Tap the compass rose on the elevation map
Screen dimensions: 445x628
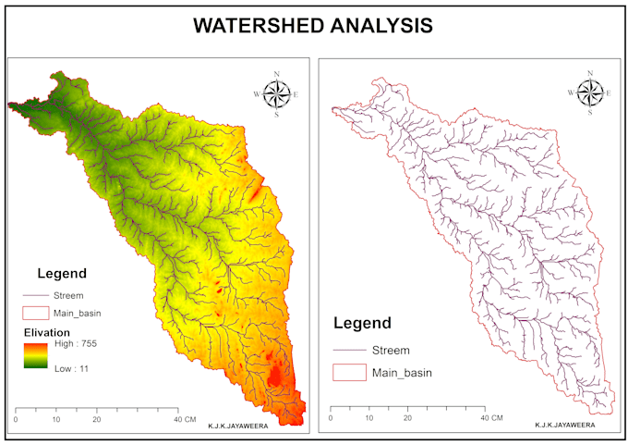pyautogui.click(x=276, y=93)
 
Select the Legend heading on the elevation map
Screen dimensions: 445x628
pyautogui.click(x=62, y=274)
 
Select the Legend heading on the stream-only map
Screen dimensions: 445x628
pyautogui.click(x=361, y=324)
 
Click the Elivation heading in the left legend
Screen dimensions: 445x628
pyautogui.click(x=46, y=331)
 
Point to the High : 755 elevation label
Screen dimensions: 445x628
pyautogui.click(x=77, y=344)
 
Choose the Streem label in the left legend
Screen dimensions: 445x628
pyautogui.click(x=68, y=296)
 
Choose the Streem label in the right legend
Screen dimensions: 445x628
pyautogui.click(x=390, y=351)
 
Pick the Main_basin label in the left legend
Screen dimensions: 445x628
pyautogui.click(x=78, y=314)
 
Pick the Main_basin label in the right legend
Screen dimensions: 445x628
pyautogui.click(x=401, y=373)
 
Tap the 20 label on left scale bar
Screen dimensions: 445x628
pyautogui.click(x=96, y=420)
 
